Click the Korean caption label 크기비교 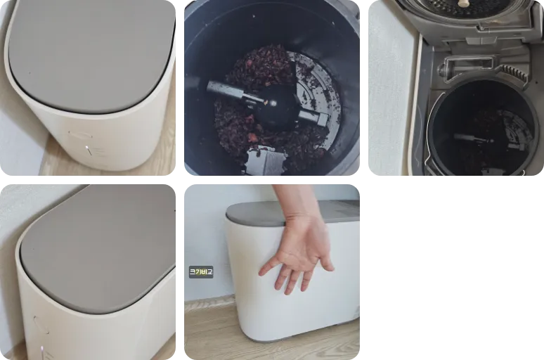tap(201, 271)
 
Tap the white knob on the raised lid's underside tap(464, 4)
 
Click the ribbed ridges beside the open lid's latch tap(512, 72)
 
